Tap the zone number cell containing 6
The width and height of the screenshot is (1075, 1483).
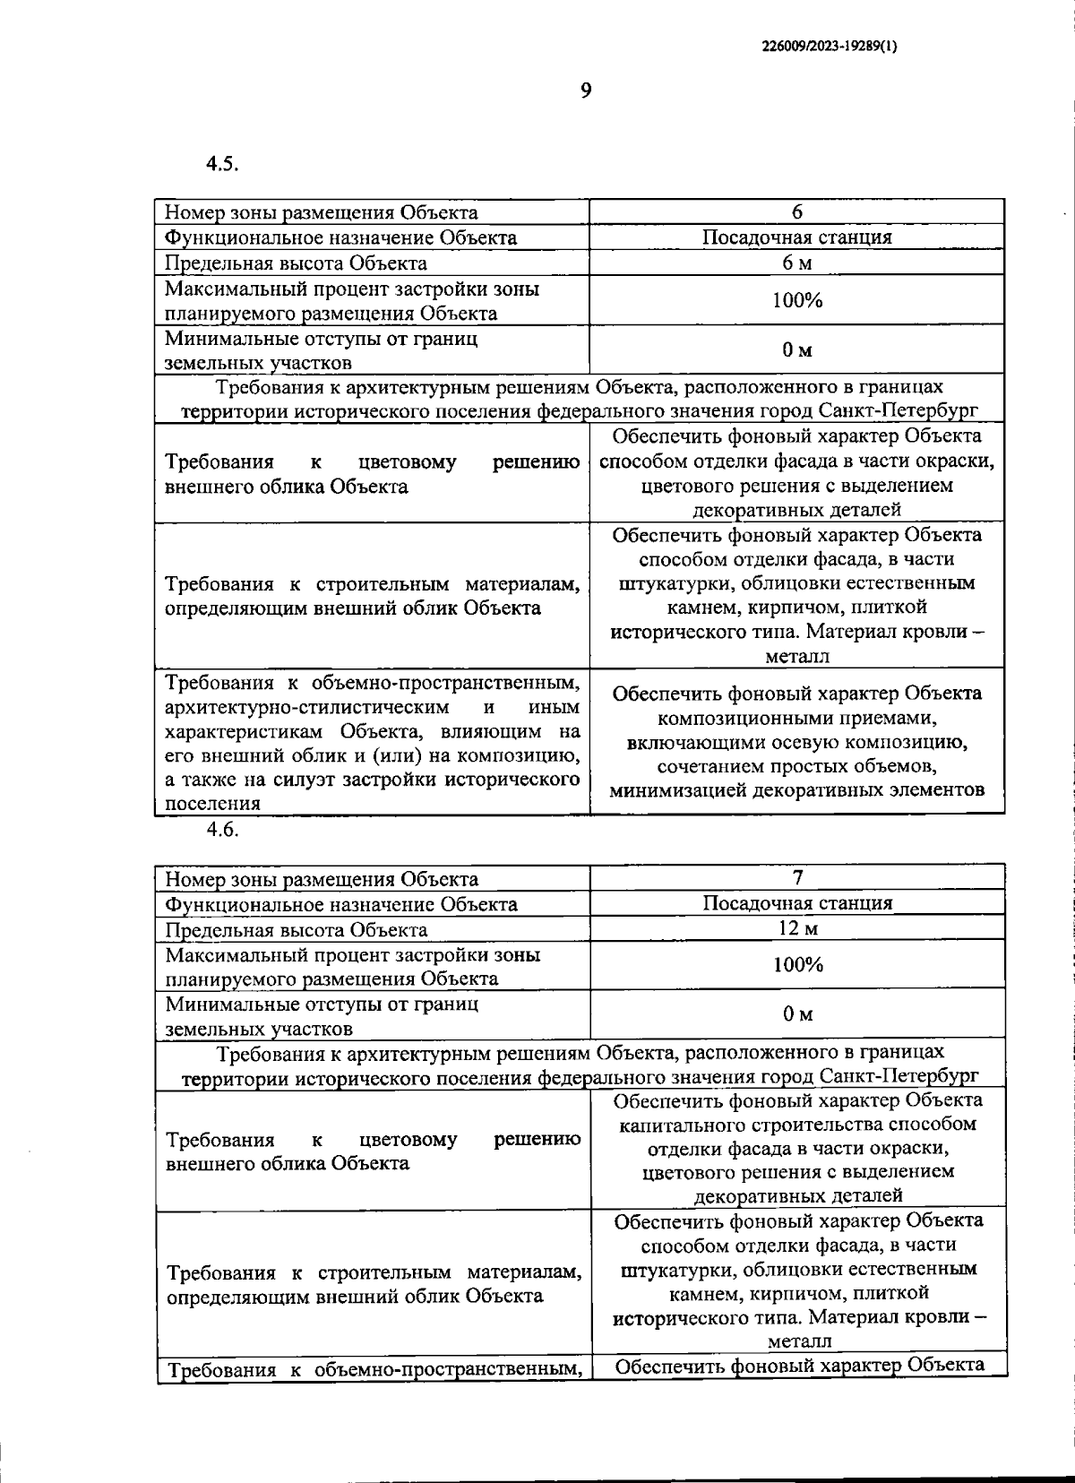[x=796, y=211]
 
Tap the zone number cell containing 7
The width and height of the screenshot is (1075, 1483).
[x=797, y=877]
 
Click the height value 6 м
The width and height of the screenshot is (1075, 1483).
[x=796, y=263]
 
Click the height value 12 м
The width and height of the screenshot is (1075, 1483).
[x=797, y=928]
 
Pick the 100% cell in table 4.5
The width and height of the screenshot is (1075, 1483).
[x=796, y=300]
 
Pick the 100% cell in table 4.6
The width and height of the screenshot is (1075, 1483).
[x=797, y=965]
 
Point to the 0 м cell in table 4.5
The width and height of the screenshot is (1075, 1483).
[x=796, y=350]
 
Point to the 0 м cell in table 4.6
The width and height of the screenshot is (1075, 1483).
[x=797, y=1014]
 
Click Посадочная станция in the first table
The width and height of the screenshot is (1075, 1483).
[x=796, y=237]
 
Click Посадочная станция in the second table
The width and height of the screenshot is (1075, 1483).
[x=797, y=903]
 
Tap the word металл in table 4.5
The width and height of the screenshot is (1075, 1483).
[x=797, y=656]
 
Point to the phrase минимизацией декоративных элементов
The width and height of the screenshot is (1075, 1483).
[x=796, y=791]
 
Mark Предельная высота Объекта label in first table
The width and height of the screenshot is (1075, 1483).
[x=297, y=263]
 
